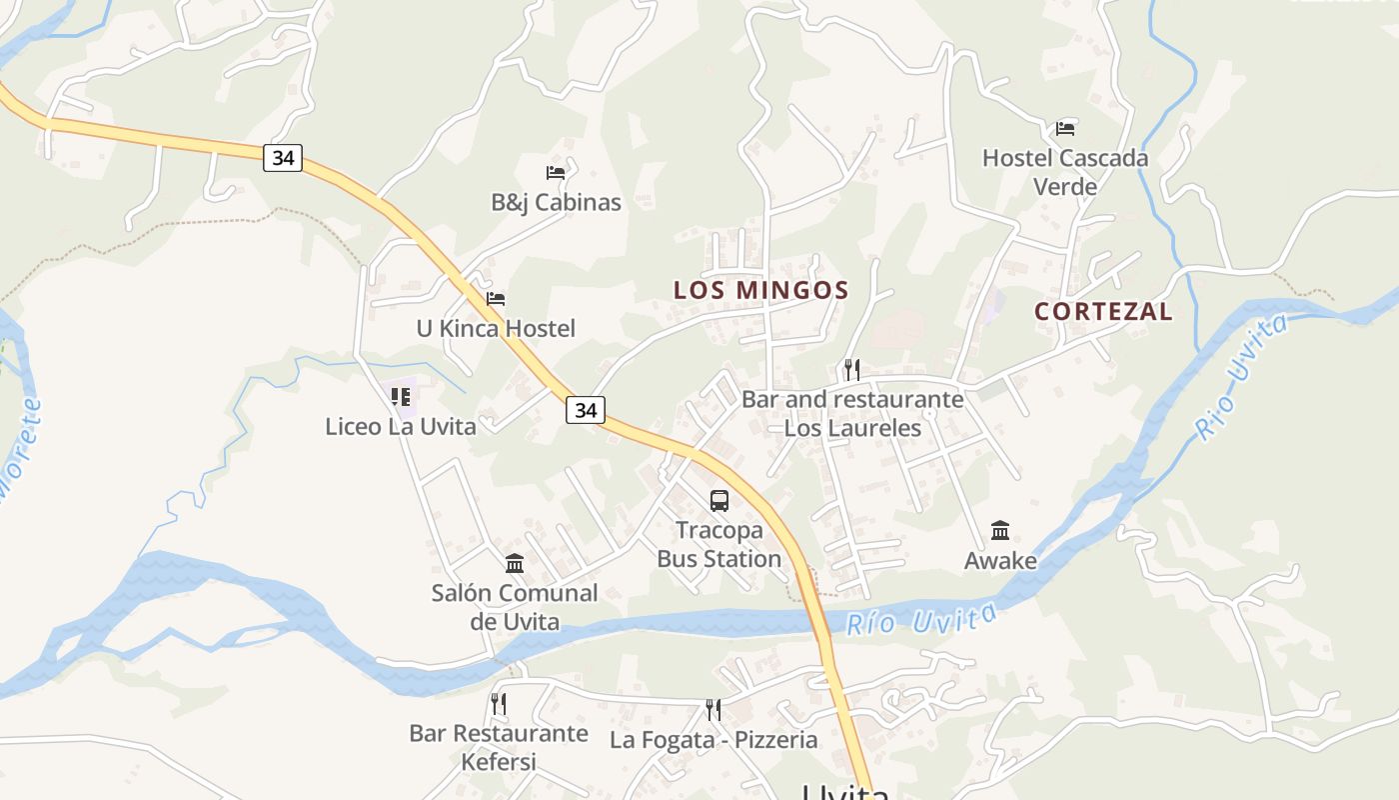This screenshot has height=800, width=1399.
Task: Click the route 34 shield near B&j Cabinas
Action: click(x=283, y=158)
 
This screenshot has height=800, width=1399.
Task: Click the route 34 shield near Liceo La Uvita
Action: click(x=586, y=409)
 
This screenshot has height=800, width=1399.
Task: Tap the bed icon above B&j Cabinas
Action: click(x=556, y=173)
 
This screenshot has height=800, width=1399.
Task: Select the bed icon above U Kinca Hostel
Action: click(x=496, y=299)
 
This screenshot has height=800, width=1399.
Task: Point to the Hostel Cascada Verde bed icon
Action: click(x=1065, y=129)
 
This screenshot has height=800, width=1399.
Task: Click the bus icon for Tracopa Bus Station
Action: click(x=719, y=501)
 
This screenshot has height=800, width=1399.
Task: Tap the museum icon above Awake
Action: click(x=1000, y=531)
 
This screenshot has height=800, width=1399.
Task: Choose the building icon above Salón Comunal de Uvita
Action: click(x=515, y=563)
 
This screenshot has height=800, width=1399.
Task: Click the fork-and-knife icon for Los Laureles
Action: click(x=851, y=370)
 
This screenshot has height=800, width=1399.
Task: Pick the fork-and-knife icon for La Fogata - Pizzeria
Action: click(x=713, y=710)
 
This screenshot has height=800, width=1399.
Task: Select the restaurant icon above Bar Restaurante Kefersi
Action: click(x=499, y=704)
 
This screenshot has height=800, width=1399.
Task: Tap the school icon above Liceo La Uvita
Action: click(x=401, y=397)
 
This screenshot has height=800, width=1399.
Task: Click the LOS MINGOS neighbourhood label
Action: click(x=760, y=291)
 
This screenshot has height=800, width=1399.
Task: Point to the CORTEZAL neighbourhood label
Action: click(x=1103, y=311)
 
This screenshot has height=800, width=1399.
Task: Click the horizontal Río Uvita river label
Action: click(x=921, y=619)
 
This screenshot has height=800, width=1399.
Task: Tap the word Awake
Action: click(x=1000, y=561)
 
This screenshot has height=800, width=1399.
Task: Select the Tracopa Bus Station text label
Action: click(x=719, y=544)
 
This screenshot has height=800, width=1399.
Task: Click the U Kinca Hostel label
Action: click(x=496, y=329)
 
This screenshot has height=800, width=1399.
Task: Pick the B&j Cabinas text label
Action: click(x=556, y=203)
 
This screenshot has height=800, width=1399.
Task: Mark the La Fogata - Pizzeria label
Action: click(x=713, y=741)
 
